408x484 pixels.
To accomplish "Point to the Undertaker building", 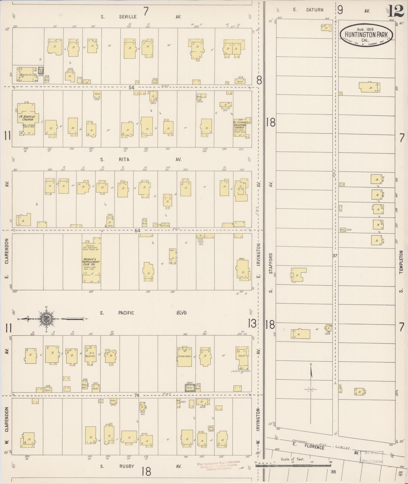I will [184, 356].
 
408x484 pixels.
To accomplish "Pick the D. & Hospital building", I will [91, 355].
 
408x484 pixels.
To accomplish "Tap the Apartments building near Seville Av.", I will [26, 74].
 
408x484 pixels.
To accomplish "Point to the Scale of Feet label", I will [293, 459].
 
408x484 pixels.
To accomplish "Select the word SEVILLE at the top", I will [128, 17].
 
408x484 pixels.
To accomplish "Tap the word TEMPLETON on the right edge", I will [401, 262].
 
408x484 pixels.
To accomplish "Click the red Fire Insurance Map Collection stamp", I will [218, 465].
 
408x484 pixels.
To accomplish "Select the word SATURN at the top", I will [315, 10].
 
